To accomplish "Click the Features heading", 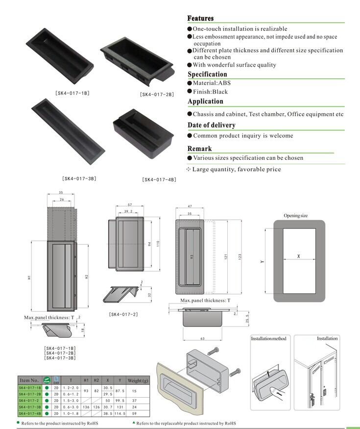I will point(200,18).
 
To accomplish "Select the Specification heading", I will point(207,75).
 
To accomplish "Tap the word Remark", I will point(199,149).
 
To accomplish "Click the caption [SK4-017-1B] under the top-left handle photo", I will point(72,93).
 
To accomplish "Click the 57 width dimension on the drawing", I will point(130,204).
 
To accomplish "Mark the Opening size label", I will point(295,216).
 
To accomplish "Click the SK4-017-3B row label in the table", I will point(29,406).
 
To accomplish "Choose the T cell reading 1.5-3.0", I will point(71,400).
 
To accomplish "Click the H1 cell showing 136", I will point(86,406).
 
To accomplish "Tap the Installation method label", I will point(268,339).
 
